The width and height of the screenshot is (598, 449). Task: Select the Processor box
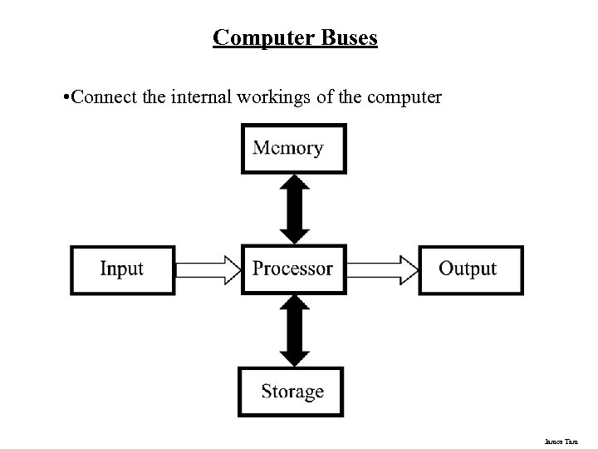[292, 269]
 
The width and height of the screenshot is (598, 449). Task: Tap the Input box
[122, 269]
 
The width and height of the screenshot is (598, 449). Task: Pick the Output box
[470, 269]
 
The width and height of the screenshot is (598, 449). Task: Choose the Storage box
[292, 392]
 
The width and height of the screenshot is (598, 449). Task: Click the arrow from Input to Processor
[208, 269]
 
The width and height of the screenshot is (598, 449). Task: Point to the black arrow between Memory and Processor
[293, 208]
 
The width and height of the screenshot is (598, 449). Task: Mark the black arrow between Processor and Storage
[293, 330]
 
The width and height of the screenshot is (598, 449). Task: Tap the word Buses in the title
[345, 37]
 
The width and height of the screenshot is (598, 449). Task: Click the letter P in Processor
[258, 269]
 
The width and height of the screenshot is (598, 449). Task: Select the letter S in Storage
[267, 392]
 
